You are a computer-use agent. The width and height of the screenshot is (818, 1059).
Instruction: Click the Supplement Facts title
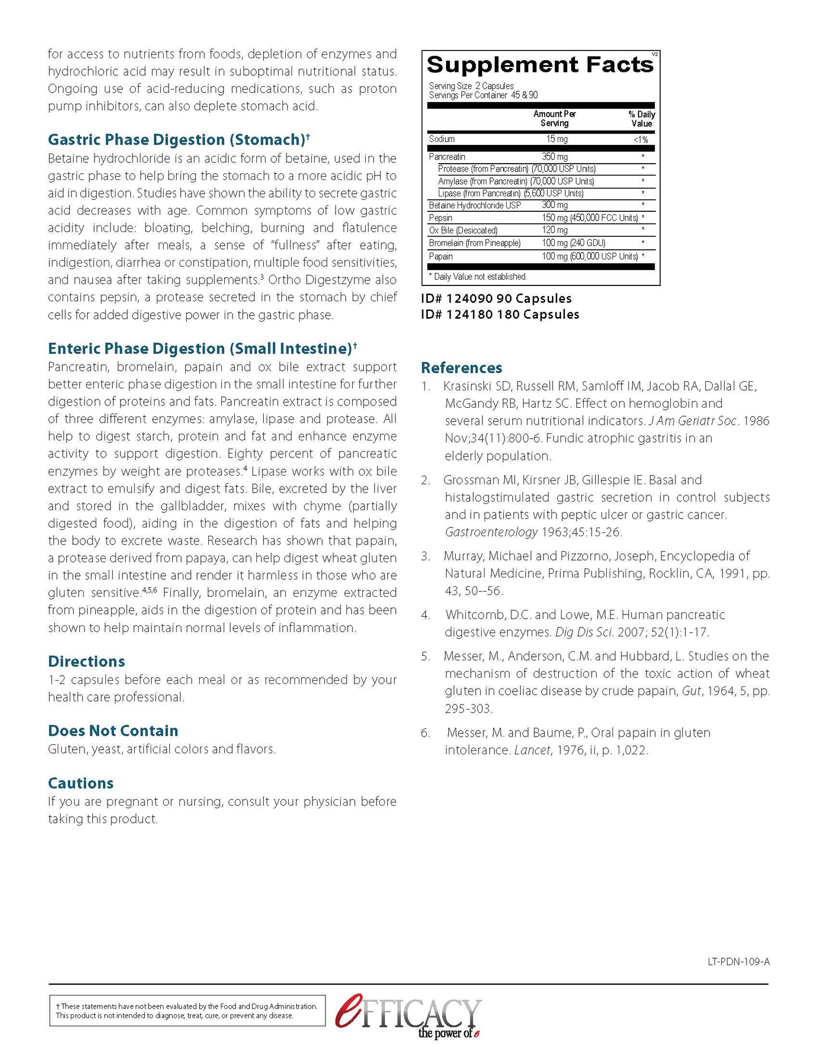coord(540,65)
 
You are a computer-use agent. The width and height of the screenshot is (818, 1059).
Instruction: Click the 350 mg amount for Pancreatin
coord(554,157)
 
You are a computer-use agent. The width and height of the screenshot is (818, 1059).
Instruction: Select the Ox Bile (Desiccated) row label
coord(463,230)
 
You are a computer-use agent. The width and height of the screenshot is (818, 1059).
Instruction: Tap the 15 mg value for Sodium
coord(556,139)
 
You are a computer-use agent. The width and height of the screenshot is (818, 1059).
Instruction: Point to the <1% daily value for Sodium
coord(640,140)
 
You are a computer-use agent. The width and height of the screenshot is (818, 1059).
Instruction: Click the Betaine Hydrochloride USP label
coord(474,206)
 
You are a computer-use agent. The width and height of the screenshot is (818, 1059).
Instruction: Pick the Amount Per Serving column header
coord(554,118)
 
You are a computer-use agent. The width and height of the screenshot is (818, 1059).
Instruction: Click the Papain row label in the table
coord(440,257)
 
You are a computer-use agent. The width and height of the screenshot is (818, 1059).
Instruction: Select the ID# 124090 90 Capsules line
coord(496,298)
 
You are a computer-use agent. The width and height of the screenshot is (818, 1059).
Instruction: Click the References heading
coord(461,368)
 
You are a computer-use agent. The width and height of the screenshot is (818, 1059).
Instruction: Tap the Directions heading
coord(87,661)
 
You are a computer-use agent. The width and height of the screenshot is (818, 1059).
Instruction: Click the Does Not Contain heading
coord(113,731)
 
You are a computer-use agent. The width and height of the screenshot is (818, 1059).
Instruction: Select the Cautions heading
coord(81,783)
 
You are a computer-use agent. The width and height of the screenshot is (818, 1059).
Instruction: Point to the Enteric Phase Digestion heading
coord(200,349)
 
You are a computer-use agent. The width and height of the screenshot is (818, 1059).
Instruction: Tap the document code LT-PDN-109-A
coord(738,962)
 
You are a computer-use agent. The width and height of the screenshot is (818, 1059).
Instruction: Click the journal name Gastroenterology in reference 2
coord(491,532)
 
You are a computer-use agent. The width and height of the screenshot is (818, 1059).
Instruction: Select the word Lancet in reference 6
coord(532,750)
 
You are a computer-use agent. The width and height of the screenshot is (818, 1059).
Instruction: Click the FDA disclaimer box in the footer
coord(187,1011)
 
